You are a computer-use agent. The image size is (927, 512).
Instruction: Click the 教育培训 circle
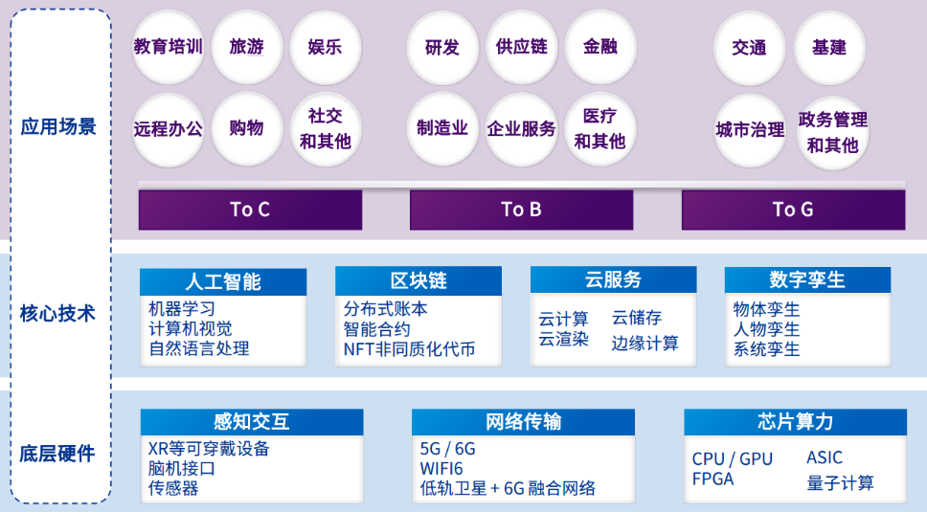[169, 47]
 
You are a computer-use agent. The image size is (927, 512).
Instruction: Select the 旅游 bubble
[247, 47]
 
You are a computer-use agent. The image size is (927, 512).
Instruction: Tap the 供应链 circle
[522, 47]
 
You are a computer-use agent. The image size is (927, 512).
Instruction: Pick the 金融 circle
[599, 47]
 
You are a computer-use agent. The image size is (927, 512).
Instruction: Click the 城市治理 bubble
[750, 129]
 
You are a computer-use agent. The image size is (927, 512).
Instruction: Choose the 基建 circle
[829, 47]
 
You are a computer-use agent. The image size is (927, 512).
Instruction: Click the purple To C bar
[250, 210]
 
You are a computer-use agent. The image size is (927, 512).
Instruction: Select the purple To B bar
[521, 210]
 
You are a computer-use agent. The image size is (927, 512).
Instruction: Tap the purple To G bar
[793, 210]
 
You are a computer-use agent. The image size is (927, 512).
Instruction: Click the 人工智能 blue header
[223, 281]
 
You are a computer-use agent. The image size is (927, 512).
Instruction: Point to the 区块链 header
[418, 280]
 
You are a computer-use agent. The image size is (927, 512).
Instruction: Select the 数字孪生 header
[807, 279]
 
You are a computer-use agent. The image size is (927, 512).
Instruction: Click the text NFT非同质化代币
[410, 349]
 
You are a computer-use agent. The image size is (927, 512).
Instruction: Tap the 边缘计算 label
[644, 343]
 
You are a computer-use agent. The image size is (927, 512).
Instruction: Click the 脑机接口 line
[181, 468]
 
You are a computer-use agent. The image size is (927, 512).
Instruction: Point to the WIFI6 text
[441, 468]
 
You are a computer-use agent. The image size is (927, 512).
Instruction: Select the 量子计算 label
[840, 482]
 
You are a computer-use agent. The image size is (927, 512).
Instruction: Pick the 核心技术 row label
[57, 313]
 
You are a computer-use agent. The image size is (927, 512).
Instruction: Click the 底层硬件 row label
[57, 454]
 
